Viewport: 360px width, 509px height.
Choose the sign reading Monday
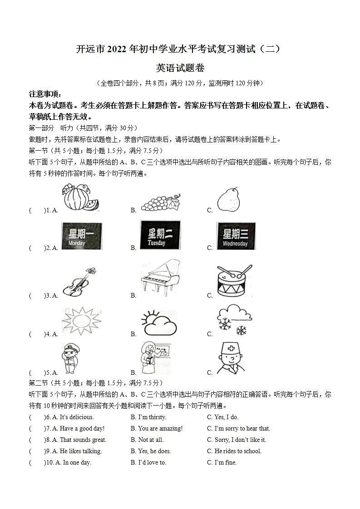coord(82,236)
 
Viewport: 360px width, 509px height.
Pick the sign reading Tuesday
coord(160,235)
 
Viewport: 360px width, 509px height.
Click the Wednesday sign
coord(236,236)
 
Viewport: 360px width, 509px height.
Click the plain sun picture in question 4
coord(82,321)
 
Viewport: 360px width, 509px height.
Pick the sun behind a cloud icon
coord(158,322)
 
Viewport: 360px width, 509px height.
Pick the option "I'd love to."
coord(152,462)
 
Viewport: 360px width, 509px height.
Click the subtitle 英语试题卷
coord(180,69)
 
